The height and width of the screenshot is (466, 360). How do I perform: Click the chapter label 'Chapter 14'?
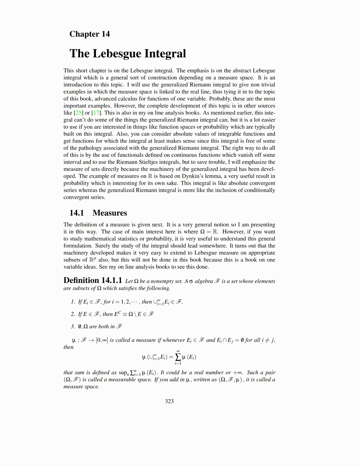[89, 34]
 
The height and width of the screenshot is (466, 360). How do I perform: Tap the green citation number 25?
[79, 113]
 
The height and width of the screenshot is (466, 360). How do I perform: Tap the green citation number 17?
[96, 113]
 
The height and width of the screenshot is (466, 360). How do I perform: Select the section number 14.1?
[76, 213]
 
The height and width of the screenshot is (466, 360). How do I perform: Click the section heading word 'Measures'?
[110, 213]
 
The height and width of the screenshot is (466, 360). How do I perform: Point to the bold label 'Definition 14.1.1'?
[93, 280]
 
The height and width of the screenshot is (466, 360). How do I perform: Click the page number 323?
[169, 401]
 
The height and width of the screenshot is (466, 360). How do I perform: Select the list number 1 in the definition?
[73, 302]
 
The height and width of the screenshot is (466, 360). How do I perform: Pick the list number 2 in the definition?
[73, 314]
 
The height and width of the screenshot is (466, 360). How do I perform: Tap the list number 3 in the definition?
[73, 327]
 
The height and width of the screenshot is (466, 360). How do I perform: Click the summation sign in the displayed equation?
[178, 357]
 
